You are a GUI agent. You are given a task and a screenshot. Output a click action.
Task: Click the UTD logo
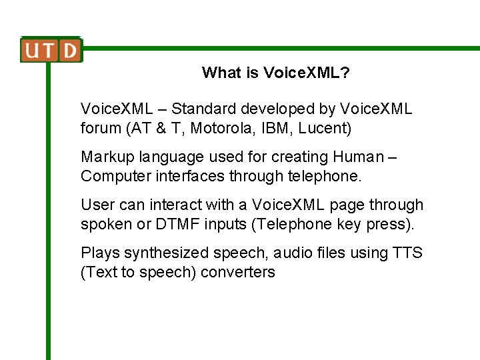pos(51,50)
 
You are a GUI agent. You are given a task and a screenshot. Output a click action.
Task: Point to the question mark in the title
pos(345,73)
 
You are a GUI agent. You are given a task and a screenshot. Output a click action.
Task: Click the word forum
pos(99,127)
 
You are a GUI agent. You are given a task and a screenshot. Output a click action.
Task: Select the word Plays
pos(99,253)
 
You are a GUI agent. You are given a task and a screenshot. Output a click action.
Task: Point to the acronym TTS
pos(407,253)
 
